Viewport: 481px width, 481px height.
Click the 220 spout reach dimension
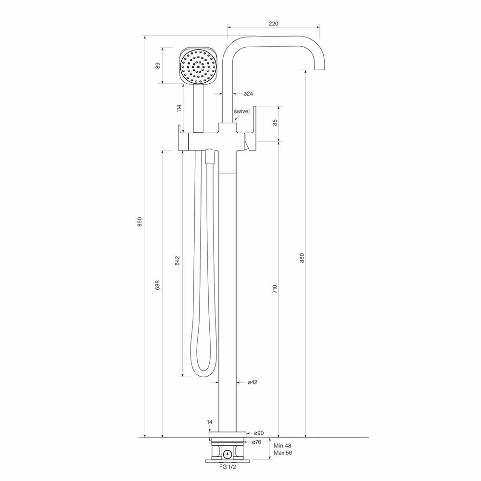[273, 24]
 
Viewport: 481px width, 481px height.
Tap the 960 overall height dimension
[140, 221]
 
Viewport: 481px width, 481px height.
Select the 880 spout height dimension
[302, 258]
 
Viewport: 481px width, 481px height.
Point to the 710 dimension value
[275, 289]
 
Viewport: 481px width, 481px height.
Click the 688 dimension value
[157, 285]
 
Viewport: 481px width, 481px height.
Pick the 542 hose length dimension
[177, 260]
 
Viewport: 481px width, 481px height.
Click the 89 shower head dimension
[158, 65]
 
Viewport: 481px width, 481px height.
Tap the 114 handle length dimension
[179, 108]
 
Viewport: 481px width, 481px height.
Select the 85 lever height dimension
[275, 122]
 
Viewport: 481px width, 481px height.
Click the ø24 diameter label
[248, 94]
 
